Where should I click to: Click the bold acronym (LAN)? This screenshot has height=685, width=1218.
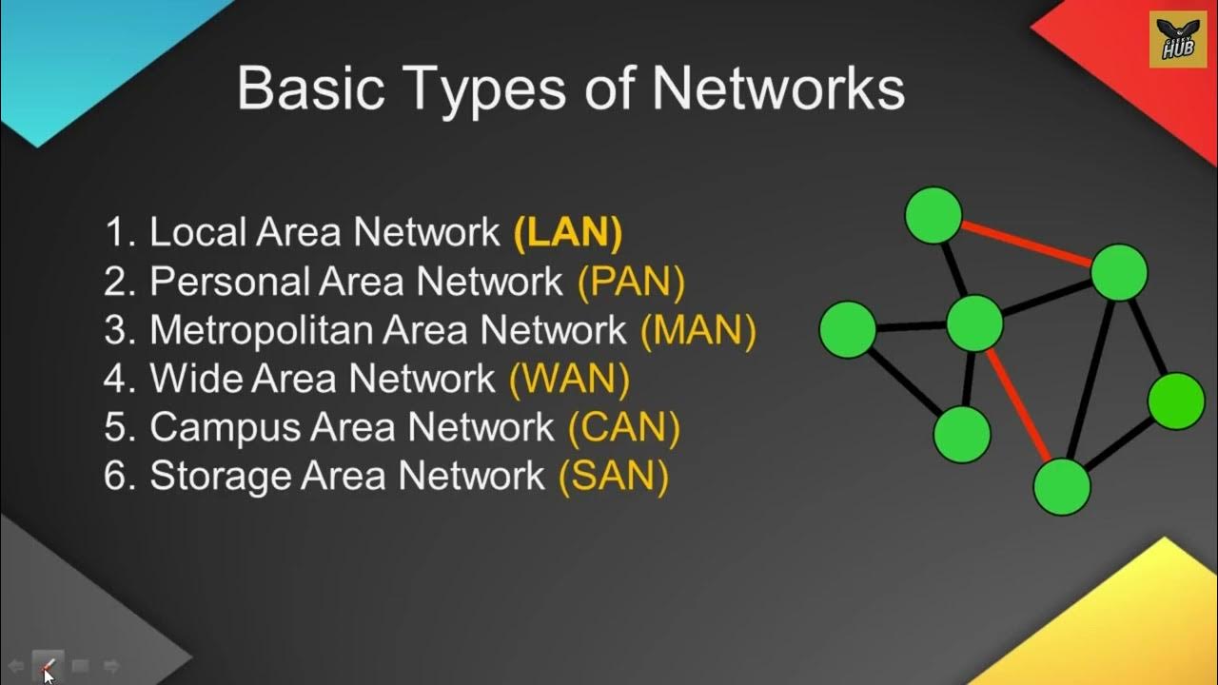[567, 234]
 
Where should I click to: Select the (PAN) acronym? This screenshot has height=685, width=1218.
[631, 282]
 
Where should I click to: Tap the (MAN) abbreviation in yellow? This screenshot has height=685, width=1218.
[698, 330]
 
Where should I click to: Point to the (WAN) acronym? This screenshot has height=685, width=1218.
[569, 379]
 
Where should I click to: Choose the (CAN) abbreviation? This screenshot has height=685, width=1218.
[623, 427]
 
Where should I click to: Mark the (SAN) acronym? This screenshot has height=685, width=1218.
[613, 476]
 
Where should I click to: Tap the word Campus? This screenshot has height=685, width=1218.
[223, 427]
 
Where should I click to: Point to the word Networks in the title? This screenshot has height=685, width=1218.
[777, 88]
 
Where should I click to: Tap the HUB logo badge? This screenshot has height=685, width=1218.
[1177, 39]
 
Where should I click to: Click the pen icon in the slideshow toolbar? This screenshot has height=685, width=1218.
[49, 666]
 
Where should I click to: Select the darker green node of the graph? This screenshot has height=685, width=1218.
[1176, 401]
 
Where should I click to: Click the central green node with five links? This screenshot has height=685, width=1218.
[974, 323]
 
